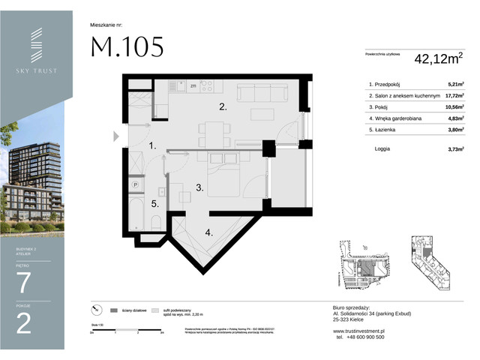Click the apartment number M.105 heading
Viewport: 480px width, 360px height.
[127, 46]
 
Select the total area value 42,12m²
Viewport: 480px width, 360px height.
[436, 58]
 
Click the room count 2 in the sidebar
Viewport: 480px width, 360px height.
[24, 322]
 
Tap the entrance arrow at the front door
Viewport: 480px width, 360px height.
[115, 136]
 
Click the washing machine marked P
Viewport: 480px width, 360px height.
[136, 183]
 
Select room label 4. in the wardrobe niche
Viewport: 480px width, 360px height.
[209, 232]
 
